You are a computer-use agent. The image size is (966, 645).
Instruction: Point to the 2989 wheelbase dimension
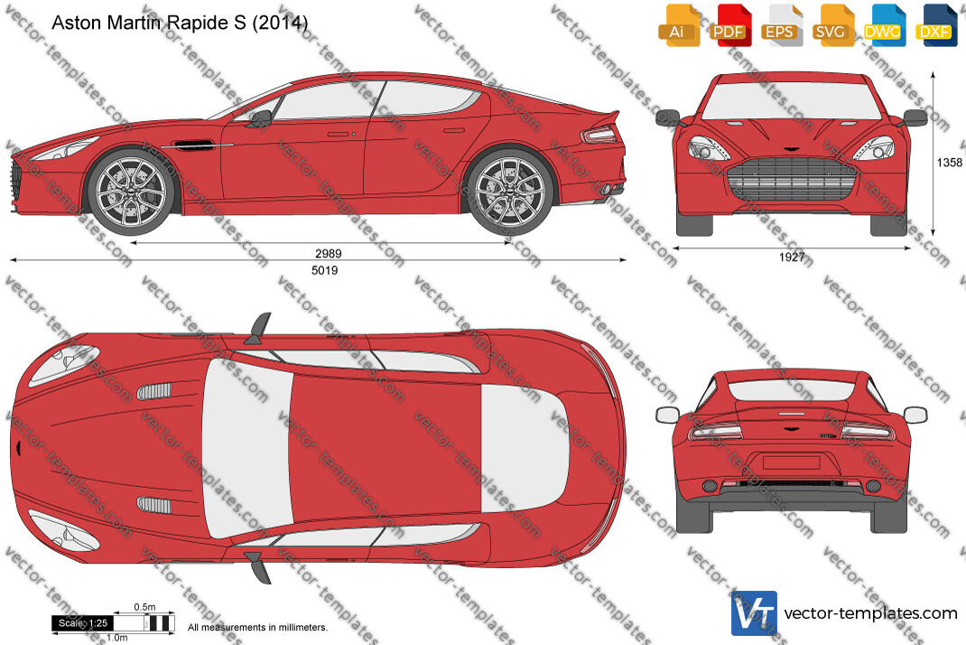pyautogui.click(x=329, y=254)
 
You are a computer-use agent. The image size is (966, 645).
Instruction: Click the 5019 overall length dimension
pyautogui.click(x=325, y=270)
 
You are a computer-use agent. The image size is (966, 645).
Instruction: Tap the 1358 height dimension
pyautogui.click(x=950, y=163)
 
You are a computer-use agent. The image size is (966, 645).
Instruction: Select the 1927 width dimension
pyautogui.click(x=792, y=257)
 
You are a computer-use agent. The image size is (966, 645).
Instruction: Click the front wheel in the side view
pyautogui.click(x=132, y=192)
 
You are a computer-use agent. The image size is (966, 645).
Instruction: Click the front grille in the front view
pyautogui.click(x=792, y=179)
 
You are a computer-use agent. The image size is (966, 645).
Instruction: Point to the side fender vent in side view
pyautogui.click(x=192, y=145)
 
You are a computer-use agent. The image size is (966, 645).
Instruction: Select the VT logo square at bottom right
pyautogui.click(x=754, y=613)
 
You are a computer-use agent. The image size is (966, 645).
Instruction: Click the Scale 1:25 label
pyautogui.click(x=83, y=623)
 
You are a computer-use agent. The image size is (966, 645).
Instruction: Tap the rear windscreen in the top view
pyautogui.click(x=525, y=449)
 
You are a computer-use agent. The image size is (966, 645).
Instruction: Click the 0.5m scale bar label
pyautogui.click(x=144, y=607)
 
